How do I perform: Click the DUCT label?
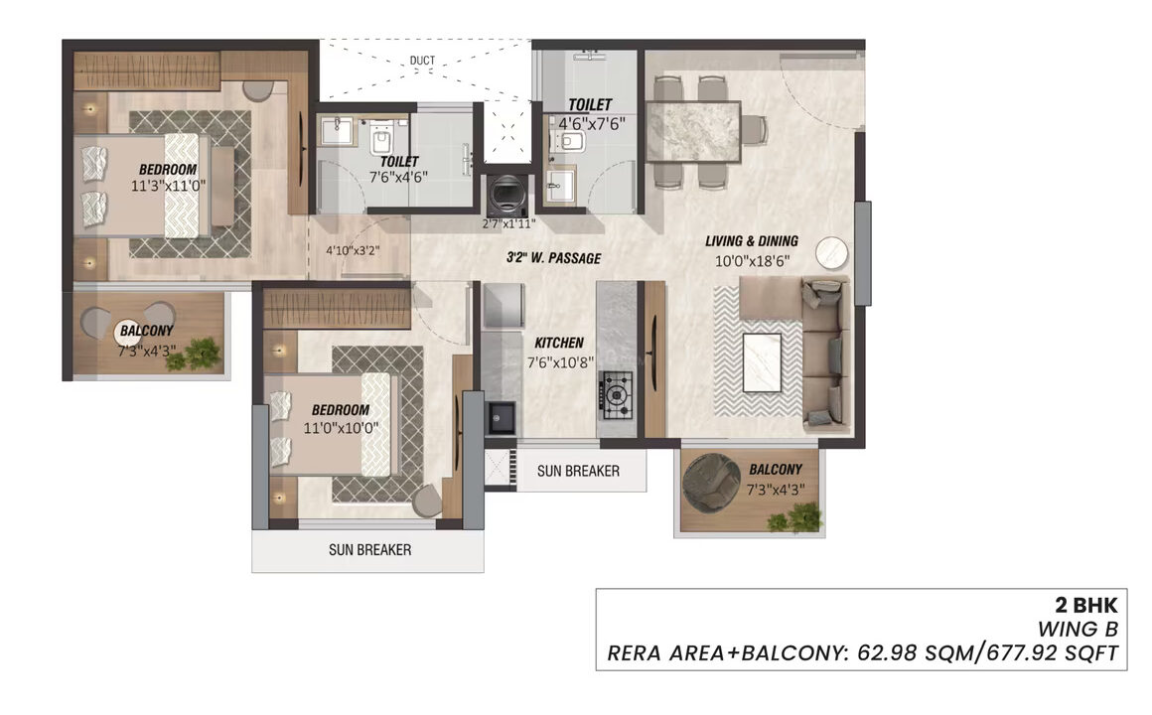(422, 61)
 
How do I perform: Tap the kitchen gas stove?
(617, 395)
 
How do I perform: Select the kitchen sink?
(502, 418)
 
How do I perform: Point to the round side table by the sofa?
(831, 252)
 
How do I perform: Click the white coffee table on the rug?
(763, 363)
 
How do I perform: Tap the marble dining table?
(693, 131)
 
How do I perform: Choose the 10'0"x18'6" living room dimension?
(753, 260)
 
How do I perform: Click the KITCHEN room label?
(559, 343)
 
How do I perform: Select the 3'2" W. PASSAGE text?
(554, 258)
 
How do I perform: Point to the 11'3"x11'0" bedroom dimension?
(168, 186)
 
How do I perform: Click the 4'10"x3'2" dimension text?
(353, 250)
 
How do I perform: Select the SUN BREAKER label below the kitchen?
(578, 471)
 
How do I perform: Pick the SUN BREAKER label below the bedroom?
(369, 550)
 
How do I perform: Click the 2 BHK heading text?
(1086, 605)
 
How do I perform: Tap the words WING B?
(1078, 629)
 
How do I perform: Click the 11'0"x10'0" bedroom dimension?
(341, 428)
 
